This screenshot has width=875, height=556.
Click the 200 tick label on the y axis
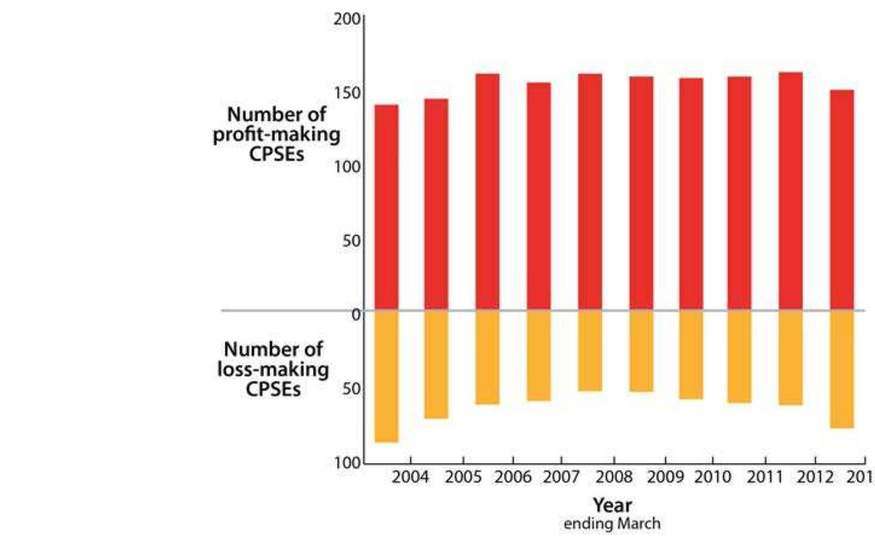pyautogui.click(x=346, y=19)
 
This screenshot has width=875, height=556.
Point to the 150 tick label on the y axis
pyautogui.click(x=346, y=93)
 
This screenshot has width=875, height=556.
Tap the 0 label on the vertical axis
pyautogui.click(x=356, y=314)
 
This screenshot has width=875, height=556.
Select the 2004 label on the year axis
pyautogui.click(x=410, y=477)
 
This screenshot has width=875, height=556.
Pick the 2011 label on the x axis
pyautogui.click(x=765, y=477)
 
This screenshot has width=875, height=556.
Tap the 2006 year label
pyautogui.click(x=512, y=477)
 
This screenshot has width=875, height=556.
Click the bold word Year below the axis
pyautogui.click(x=612, y=505)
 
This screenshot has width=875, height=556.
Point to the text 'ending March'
pyautogui.click(x=612, y=523)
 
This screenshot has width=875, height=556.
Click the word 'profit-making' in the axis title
pyautogui.click(x=276, y=134)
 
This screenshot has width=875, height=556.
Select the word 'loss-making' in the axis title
pyautogui.click(x=273, y=369)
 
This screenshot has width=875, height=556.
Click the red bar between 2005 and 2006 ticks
pyautogui.click(x=488, y=192)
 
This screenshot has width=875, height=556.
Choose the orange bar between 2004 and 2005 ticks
pyautogui.click(x=436, y=364)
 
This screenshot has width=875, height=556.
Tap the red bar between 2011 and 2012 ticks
pyautogui.click(x=790, y=192)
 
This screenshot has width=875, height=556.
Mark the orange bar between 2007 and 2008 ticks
pyautogui.click(x=590, y=351)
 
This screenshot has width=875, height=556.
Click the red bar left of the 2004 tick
pyautogui.click(x=387, y=208)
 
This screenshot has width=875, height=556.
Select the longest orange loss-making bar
pyautogui.click(x=387, y=377)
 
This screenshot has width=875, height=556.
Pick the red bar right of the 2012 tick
pyautogui.click(x=842, y=200)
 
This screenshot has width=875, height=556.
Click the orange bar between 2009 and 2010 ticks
pyautogui.click(x=691, y=355)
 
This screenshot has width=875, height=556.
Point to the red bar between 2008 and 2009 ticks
pyautogui.click(x=641, y=193)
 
